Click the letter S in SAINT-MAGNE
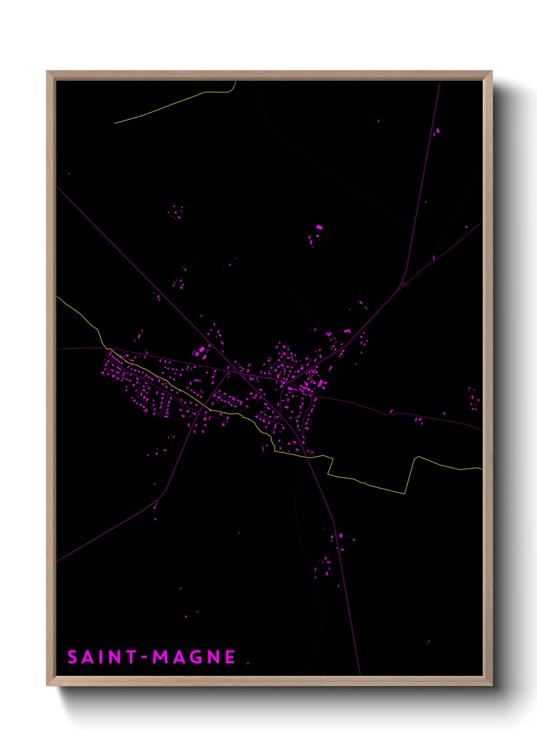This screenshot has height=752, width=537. pos(72,657)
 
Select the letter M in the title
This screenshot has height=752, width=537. pos(161,657)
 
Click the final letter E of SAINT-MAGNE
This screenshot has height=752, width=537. pos(230,657)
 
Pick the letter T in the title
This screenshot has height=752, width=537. pos(129,657)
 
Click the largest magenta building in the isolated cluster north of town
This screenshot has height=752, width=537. pos(319,227)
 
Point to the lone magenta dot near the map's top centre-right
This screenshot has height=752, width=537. pos(378,121)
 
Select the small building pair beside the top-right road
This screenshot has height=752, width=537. pos(437,132)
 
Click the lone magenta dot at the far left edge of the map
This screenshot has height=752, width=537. pos(69,174)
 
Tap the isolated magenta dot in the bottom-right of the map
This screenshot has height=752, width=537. pos(428,642)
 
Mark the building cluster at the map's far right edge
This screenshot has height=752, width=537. pos(474,398)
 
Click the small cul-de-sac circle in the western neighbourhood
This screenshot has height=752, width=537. pos(160,414)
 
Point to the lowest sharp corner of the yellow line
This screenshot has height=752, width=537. pos(405,493)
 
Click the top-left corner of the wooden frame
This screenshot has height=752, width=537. pos(47,72)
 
